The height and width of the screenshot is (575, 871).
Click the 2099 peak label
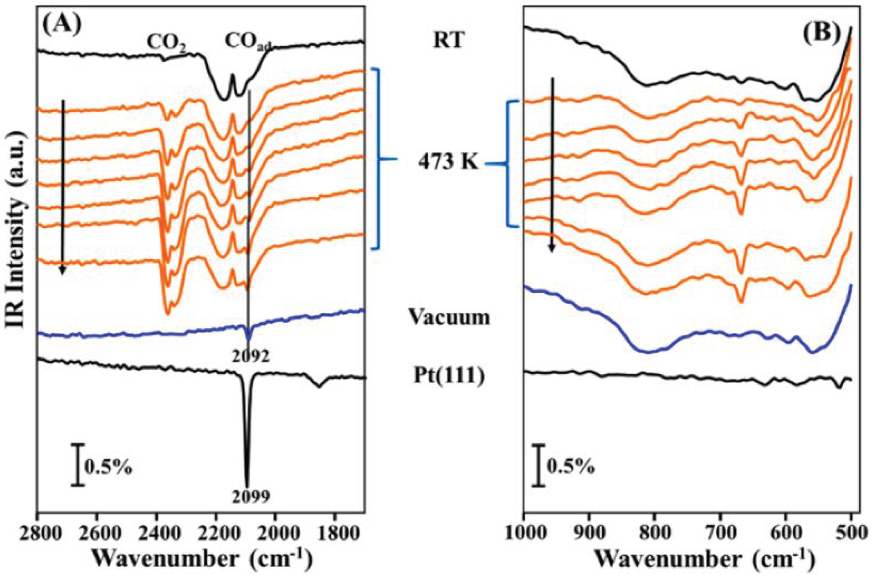251,496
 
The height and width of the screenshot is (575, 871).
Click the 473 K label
448,163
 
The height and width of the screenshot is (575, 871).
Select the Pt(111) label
449,375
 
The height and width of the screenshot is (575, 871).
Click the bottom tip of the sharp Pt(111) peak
247,483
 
